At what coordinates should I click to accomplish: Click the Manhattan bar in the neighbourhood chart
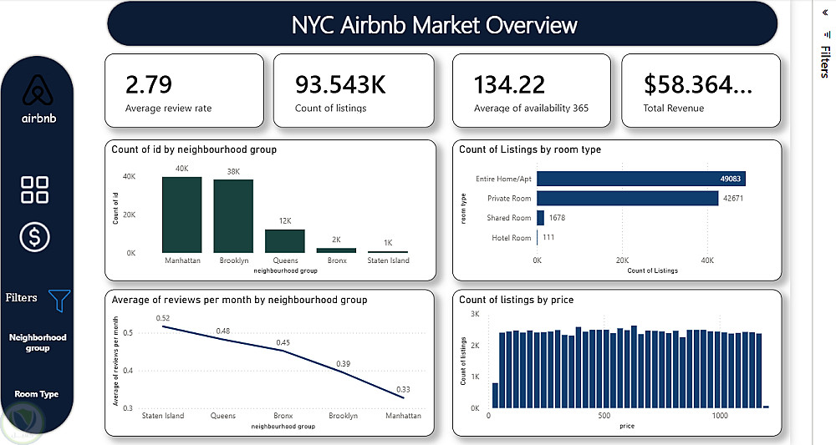coord(181,215)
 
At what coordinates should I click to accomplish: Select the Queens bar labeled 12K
coord(285,240)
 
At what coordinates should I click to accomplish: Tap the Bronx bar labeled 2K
coord(336,250)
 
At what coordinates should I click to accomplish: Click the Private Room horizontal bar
coord(627,198)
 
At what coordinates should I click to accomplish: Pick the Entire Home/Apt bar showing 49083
coord(640,178)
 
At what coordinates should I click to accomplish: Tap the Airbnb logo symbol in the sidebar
coord(37,91)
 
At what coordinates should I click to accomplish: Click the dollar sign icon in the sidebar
coord(35,237)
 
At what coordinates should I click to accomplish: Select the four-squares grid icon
coord(35,190)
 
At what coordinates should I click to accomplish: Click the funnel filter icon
coord(59,300)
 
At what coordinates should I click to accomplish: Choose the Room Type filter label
coord(37,394)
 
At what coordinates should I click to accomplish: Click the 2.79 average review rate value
coord(149,84)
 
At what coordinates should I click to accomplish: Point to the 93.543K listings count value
coord(340,84)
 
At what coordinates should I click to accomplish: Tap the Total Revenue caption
coord(673,108)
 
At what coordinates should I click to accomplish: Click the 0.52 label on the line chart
coord(163,318)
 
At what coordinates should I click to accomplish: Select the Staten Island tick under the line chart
coord(163,415)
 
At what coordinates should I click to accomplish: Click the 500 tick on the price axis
coord(603,415)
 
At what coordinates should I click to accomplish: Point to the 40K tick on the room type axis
coord(707,260)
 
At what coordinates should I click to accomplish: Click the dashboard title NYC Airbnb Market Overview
coord(435,24)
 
